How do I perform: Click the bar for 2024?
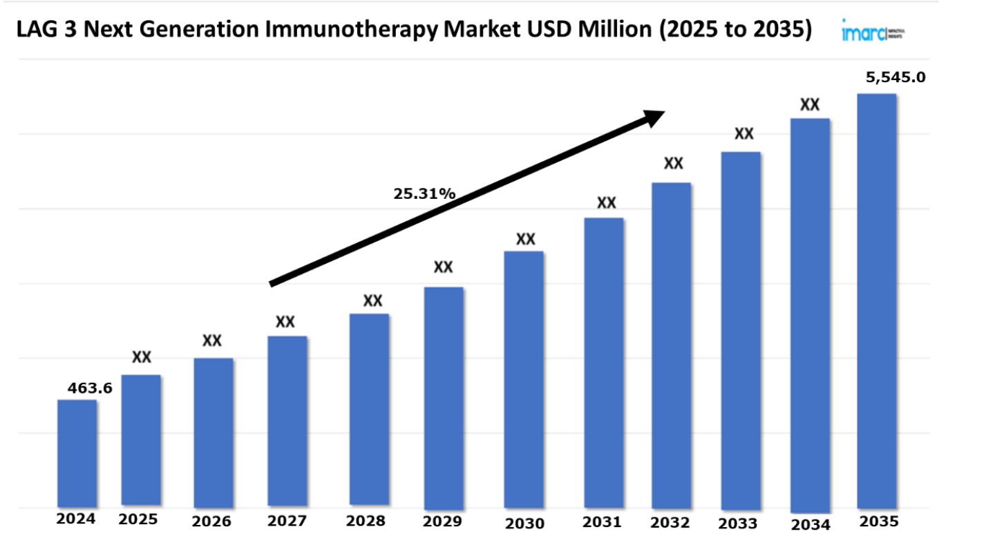(77, 452)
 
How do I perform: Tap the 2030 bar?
(524, 380)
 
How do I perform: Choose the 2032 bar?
(672, 345)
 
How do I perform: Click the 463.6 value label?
(90, 388)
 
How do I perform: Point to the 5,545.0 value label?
(895, 77)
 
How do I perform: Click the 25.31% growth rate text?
(424, 194)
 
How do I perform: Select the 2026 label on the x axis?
(211, 521)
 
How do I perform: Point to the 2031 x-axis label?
(602, 522)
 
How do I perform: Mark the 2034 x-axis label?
(811, 525)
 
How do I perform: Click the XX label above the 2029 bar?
(443, 267)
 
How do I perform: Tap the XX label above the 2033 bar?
(743, 133)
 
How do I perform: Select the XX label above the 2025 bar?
(142, 357)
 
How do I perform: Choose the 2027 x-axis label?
(287, 521)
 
